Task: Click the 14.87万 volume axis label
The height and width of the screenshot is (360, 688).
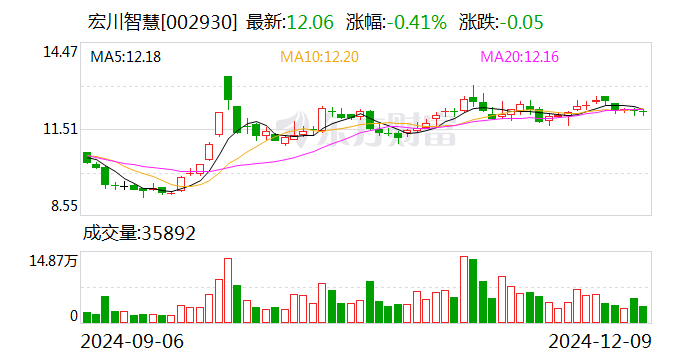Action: (53, 261)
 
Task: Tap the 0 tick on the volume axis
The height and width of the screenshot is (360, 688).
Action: (73, 315)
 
